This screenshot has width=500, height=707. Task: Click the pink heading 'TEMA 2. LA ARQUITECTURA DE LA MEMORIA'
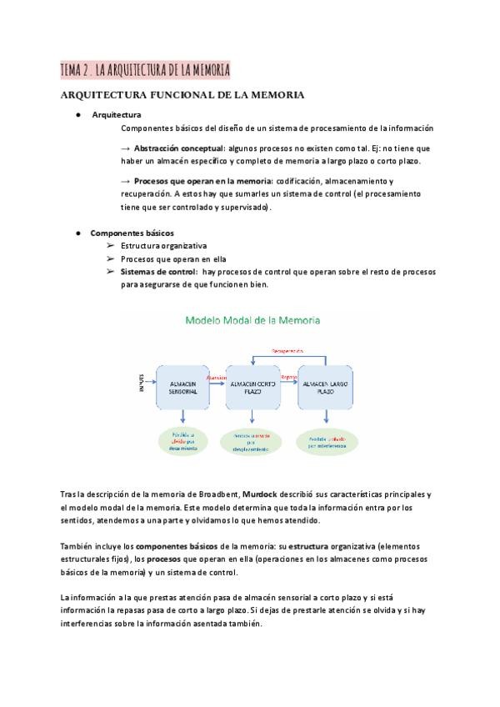(145, 69)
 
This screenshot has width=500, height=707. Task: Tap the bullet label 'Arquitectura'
(117, 114)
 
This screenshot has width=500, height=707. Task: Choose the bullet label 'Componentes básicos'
(132, 233)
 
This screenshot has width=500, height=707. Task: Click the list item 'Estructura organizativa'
(163, 246)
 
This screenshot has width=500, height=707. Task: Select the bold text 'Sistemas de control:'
(158, 272)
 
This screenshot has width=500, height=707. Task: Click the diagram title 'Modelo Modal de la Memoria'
(252, 319)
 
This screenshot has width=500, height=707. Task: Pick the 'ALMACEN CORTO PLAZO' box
(252, 386)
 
